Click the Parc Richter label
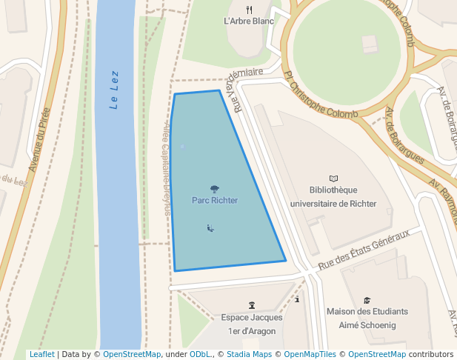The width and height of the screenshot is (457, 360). (x=215, y=200)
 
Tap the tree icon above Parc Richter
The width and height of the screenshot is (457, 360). (x=215, y=189)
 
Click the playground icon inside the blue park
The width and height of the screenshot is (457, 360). (x=211, y=228)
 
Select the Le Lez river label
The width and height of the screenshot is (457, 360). (x=115, y=89)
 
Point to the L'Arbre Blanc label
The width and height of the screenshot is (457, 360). (x=249, y=21)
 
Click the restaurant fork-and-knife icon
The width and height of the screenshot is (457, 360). (x=249, y=10)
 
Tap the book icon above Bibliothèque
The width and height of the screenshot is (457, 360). (x=333, y=179)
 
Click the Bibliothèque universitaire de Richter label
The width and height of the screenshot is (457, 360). (x=333, y=196)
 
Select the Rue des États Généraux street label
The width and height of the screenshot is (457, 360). (x=364, y=250)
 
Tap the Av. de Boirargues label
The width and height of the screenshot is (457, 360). (x=404, y=136)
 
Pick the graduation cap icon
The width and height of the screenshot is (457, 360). (x=367, y=300)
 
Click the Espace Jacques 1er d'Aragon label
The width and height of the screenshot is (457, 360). (x=252, y=324)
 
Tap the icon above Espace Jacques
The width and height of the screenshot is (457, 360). (x=252, y=305)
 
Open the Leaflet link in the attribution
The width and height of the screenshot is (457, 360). (x=42, y=354)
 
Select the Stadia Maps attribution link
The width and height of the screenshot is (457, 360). (x=250, y=354)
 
